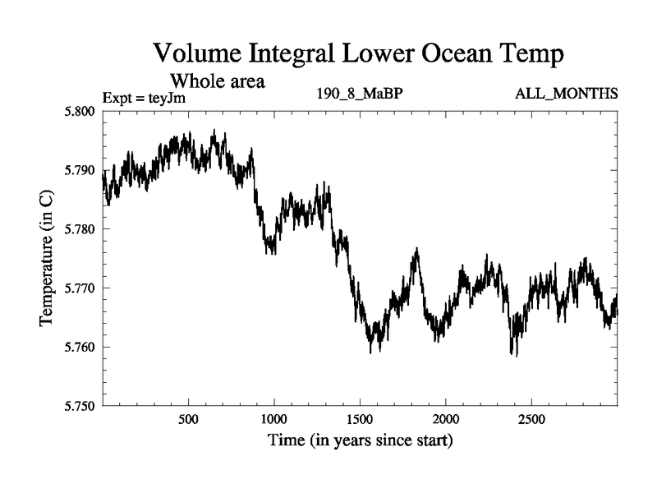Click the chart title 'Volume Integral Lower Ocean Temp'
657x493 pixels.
click(359, 55)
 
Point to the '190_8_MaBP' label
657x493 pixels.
click(360, 93)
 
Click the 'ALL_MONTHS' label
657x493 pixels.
click(566, 93)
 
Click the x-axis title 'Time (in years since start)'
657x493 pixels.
click(360, 440)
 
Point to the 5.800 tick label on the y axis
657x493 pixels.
click(78, 111)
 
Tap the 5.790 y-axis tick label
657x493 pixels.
click(78, 170)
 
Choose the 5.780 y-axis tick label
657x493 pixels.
click(78, 229)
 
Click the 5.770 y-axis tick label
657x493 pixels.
click(78, 288)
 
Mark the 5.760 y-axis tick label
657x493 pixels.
click(78, 348)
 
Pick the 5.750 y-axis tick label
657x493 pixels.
click(78, 406)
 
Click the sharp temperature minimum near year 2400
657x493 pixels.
click(514, 355)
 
